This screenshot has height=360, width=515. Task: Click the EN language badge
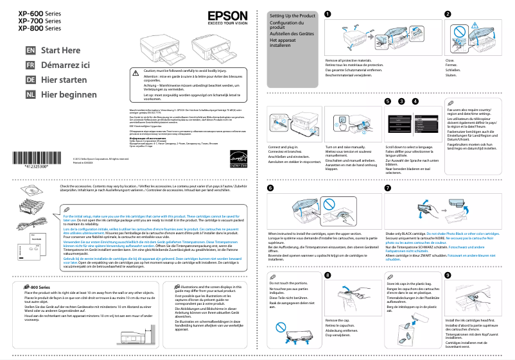[30, 50]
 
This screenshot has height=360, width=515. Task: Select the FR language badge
[30, 65]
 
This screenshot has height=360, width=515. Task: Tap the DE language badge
[30, 80]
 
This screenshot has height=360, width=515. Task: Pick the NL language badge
[30, 94]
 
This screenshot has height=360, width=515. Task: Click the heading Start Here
[61, 50]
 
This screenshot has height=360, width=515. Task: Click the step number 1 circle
[328, 14]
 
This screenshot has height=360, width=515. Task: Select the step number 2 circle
[448, 14]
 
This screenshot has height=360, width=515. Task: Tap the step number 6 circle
[270, 187]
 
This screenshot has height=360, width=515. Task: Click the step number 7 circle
[387, 187]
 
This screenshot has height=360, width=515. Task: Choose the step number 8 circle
[328, 293]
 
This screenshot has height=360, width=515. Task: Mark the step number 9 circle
[448, 293]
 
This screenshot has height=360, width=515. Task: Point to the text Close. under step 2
[450, 60]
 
